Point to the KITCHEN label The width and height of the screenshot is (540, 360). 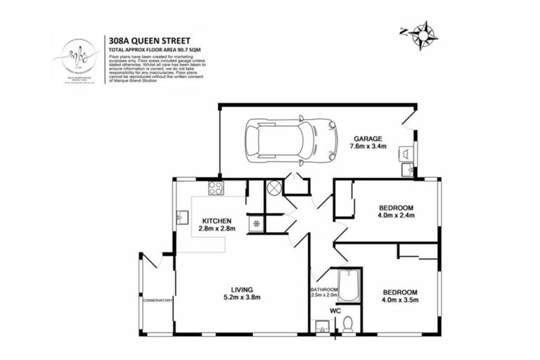click(217, 221)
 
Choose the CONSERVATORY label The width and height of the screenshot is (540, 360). click(157, 301)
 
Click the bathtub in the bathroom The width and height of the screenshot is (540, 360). click(348, 285)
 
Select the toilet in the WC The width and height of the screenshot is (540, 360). click(347, 324)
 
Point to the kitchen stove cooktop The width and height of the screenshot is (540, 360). click(216, 188)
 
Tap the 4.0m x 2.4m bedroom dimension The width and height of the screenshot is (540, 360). click(396, 216)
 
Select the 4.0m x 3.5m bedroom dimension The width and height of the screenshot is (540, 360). click(400, 300)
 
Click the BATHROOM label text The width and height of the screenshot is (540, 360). click(323, 290)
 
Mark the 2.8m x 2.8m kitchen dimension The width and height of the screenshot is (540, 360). click(217, 229)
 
